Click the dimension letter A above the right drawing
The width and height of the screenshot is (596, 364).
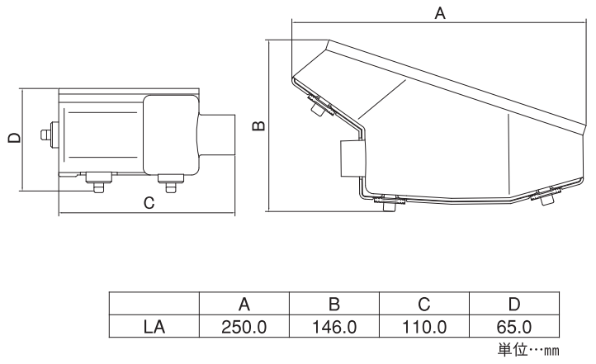click(440, 13)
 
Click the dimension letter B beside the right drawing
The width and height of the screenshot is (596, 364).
click(259, 125)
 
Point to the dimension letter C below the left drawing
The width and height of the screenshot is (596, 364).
click(149, 203)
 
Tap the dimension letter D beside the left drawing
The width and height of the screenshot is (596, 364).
click(14, 138)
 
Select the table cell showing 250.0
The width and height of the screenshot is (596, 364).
click(244, 327)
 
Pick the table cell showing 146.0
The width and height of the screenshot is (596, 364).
click(334, 327)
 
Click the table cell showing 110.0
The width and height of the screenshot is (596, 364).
click(424, 327)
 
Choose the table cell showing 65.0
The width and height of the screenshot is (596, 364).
click(514, 327)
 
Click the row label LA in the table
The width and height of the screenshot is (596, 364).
click(154, 327)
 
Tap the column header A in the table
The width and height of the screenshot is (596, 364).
click(244, 304)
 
